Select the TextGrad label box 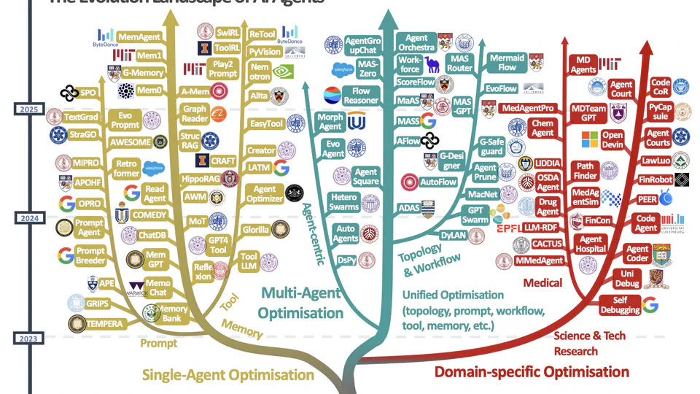point(81,117)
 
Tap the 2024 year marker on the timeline point(28,218)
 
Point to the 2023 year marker point(28,337)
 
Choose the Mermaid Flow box point(507,62)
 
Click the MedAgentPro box point(527,108)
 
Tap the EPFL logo point(507,228)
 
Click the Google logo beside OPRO point(67,204)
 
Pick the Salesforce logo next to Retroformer point(154,167)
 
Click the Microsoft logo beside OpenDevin point(589,139)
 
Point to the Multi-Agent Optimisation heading point(302,303)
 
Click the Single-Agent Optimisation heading point(227,375)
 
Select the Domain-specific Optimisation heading point(531,372)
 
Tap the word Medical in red point(542,282)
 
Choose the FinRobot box point(654,179)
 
